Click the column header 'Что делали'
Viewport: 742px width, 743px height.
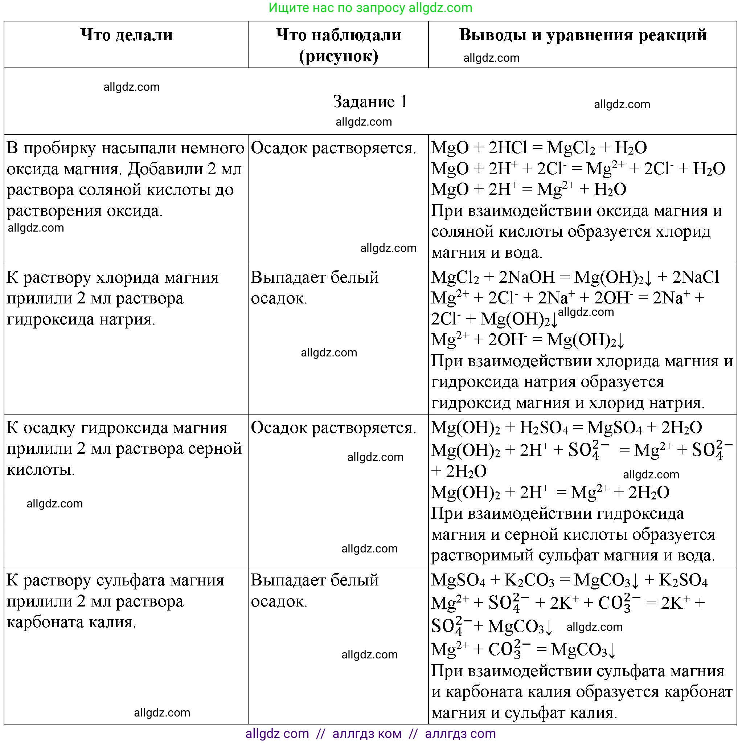[127, 35]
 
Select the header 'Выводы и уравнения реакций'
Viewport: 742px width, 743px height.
[582, 35]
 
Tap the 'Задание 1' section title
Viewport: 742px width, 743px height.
[370, 102]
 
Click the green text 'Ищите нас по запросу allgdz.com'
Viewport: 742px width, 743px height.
[370, 8]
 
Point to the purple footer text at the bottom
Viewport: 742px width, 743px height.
[370, 734]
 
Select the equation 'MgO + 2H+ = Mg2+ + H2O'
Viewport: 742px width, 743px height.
[529, 189]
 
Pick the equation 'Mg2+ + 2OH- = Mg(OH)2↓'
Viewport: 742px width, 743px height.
[528, 340]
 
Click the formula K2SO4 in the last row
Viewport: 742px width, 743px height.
[683, 580]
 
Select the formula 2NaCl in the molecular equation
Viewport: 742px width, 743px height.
[696, 277]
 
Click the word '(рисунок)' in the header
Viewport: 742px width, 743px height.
[338, 56]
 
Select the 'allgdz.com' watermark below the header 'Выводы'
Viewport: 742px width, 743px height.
[491, 58]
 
